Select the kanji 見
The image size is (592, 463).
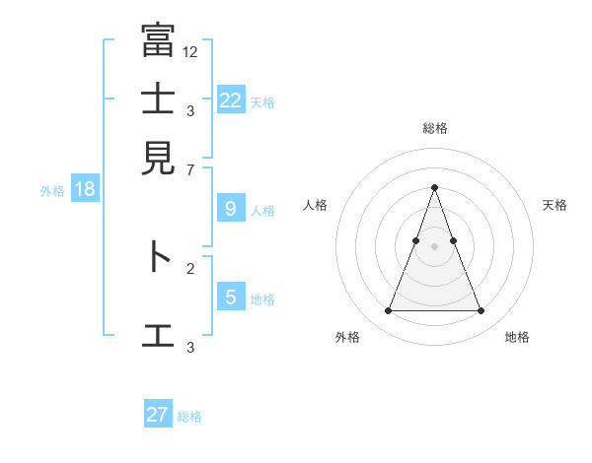tap(159, 158)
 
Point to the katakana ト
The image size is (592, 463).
tap(159, 258)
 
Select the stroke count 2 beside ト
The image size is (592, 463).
tap(190, 268)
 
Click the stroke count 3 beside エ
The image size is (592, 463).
tap(190, 347)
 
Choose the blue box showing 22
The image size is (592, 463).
tap(230, 100)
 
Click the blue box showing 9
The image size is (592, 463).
tap(230, 209)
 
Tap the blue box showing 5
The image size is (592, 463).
tap(230, 297)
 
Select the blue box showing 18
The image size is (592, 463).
tap(85, 189)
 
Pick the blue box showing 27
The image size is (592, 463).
tap(158, 415)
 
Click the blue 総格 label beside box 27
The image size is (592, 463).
tap(189, 417)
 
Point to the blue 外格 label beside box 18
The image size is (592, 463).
tap(52, 191)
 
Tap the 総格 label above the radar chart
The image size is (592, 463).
tap(434, 129)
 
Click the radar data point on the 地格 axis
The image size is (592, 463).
tap(481, 311)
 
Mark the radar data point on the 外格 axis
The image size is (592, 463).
tap(388, 311)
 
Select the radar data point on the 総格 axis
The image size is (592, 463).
tap(434, 187)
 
